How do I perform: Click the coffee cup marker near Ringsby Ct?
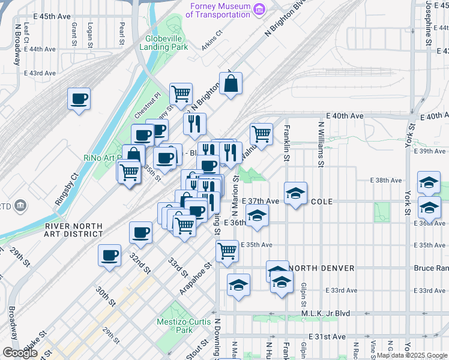pos(79,98)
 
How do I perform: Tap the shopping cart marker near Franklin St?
pos(261,134)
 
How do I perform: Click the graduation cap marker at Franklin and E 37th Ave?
pos(295,193)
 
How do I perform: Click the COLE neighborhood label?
pos(321,201)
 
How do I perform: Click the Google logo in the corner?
pos(20,352)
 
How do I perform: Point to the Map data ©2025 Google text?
pos(411,355)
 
